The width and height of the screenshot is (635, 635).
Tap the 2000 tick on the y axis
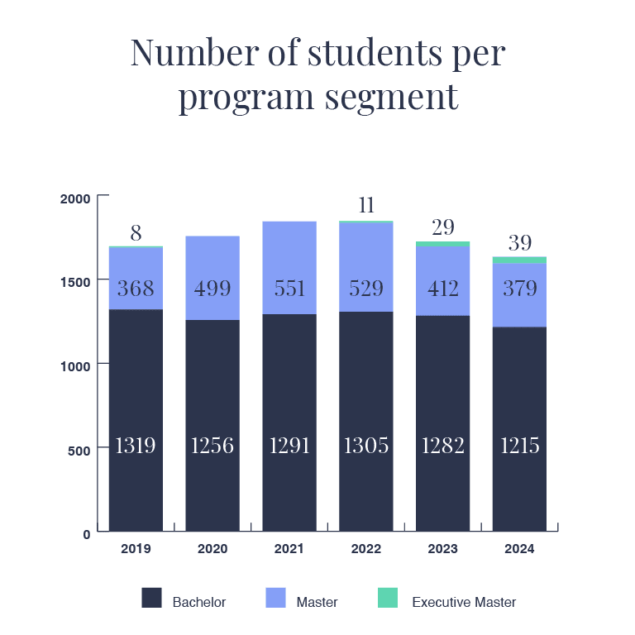click(x=75, y=198)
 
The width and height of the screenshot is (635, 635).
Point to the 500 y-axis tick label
click(x=79, y=449)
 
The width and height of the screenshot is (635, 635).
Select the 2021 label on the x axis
click(x=289, y=549)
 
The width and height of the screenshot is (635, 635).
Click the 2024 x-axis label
click(x=519, y=549)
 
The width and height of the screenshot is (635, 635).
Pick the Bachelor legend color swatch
click(x=152, y=598)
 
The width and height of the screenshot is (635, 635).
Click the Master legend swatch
click(x=275, y=598)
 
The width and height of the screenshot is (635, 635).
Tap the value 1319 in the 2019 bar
click(x=136, y=446)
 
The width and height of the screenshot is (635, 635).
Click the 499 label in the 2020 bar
click(x=212, y=289)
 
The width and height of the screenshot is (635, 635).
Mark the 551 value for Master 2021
click(x=289, y=289)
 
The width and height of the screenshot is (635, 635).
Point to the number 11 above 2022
click(x=365, y=205)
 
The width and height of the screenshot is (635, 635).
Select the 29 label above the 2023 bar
click(x=443, y=227)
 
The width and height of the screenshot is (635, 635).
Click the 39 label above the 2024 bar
click(x=519, y=243)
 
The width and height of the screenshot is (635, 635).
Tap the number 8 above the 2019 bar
click(x=136, y=233)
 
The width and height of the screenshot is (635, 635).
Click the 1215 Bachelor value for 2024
click(x=519, y=446)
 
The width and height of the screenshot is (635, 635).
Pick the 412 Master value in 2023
click(x=443, y=289)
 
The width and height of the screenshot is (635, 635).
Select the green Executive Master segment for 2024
click(x=519, y=260)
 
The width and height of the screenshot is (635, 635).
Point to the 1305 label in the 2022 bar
click(x=365, y=446)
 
